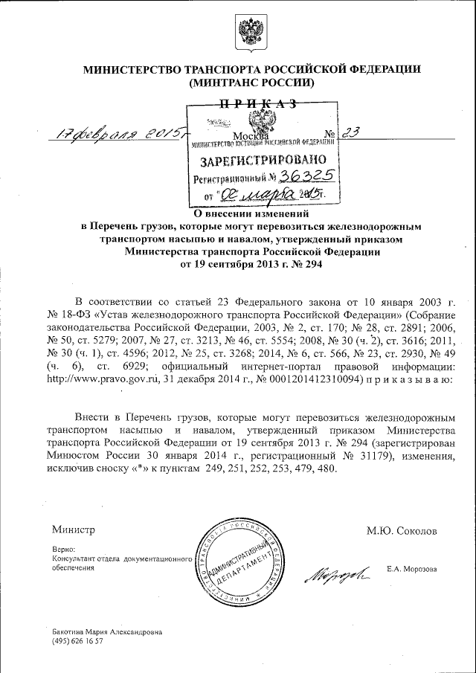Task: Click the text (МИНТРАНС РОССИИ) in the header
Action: point(252,83)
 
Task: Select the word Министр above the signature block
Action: point(74,530)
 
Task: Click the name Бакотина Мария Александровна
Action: point(106,631)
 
